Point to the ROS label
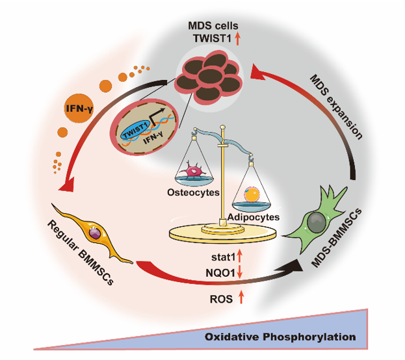(x=218, y=299)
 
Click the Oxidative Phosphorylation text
(x=280, y=337)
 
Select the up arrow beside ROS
(x=242, y=299)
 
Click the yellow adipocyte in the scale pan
(x=250, y=193)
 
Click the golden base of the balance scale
(x=222, y=231)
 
